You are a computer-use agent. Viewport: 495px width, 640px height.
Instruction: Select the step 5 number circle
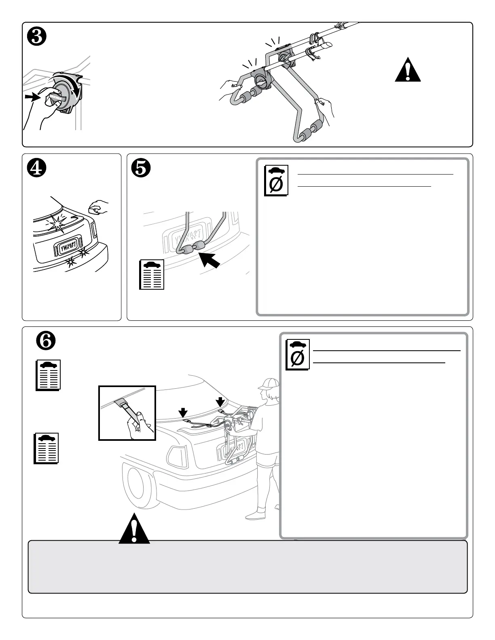pos(141,168)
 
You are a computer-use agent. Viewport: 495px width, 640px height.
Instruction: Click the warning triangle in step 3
pos(408,71)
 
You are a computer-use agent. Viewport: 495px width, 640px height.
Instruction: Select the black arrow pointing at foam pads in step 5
pos(210,261)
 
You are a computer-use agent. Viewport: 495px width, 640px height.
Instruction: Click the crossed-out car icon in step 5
pos(276,180)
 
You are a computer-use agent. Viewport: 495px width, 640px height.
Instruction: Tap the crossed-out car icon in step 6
pos(298,354)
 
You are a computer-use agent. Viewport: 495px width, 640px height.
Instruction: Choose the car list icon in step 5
pos(152,275)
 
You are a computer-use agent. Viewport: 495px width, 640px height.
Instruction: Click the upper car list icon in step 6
pos(49,375)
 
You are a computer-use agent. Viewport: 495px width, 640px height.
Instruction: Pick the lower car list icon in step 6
pos(46,448)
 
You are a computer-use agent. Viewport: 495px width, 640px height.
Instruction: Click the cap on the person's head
pos(268,383)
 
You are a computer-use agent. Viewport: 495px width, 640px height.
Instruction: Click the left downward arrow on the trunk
pos(183,412)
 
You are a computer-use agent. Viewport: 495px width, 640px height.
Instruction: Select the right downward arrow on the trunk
pos(220,401)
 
